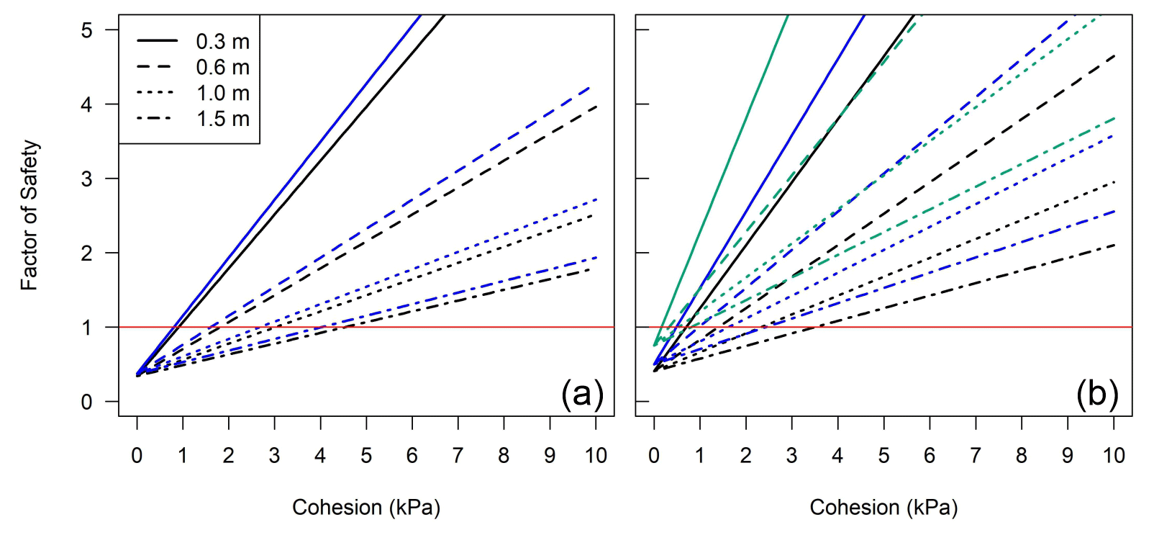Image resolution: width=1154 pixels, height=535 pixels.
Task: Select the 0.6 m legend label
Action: (222, 68)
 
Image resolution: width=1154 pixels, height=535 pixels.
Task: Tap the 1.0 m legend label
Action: (222, 94)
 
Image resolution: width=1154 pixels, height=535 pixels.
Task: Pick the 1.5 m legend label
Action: (222, 119)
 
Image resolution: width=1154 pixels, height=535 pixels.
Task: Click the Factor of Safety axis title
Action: (29, 215)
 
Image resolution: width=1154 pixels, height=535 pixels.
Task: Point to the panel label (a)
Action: (581, 394)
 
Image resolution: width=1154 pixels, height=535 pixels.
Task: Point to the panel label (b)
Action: (1097, 394)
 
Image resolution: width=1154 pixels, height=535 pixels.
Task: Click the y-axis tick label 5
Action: (87, 30)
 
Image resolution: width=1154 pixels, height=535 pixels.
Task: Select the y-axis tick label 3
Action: (87, 179)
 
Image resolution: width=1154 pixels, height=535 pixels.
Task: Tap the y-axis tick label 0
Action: (87, 402)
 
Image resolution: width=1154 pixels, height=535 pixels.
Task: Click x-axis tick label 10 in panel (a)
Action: (596, 456)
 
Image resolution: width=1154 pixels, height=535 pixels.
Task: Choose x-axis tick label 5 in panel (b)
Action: (883, 456)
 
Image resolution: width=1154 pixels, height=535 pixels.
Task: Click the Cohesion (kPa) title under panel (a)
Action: (366, 508)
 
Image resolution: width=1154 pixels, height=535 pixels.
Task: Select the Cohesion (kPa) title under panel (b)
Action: (883, 508)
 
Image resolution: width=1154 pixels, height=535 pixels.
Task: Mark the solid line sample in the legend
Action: (157, 41)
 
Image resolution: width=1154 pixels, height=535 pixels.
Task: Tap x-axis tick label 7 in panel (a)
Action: (458, 456)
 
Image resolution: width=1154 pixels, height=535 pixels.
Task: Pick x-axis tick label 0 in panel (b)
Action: (653, 456)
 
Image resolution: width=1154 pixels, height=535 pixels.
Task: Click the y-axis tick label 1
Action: (87, 328)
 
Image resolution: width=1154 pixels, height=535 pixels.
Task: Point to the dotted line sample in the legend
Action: (157, 93)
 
